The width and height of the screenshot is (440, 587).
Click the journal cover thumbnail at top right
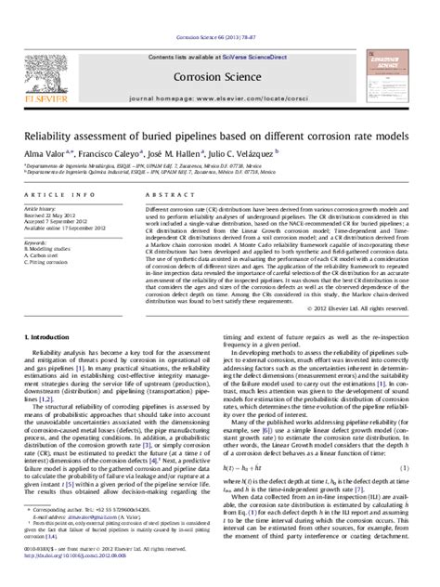click(x=392, y=55)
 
